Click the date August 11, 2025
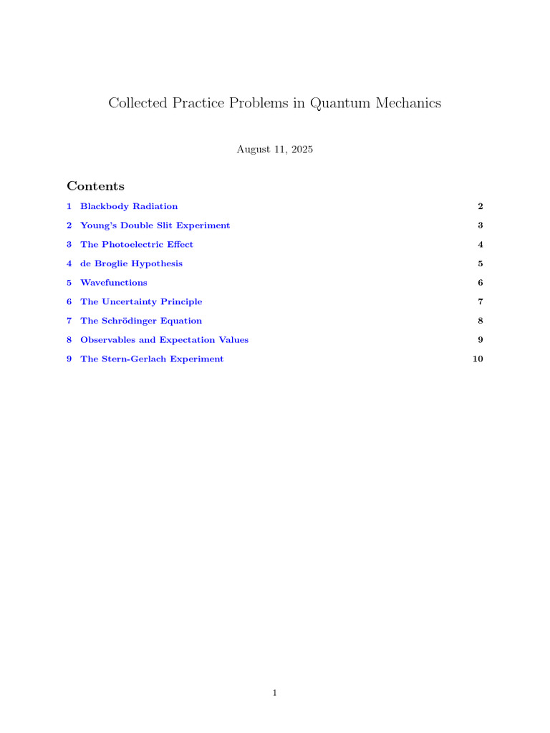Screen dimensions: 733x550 (x=275, y=150)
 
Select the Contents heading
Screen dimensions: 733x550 (x=95, y=186)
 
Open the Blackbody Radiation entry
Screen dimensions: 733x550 (x=129, y=206)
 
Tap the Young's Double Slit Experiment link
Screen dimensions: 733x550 (x=155, y=225)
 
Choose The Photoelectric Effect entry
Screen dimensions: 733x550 (x=137, y=244)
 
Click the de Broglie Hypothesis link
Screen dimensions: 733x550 (x=131, y=263)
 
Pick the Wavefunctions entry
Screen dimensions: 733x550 (x=114, y=283)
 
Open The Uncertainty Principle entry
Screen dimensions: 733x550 (x=141, y=301)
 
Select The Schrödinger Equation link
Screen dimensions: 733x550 (x=141, y=321)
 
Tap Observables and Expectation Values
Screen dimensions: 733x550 (x=164, y=340)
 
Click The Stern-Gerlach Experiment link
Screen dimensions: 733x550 (x=152, y=359)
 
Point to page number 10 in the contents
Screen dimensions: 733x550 (x=478, y=359)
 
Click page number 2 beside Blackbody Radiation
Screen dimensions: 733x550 (x=481, y=206)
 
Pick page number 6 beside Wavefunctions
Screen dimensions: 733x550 (x=481, y=283)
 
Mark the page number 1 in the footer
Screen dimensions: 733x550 (x=275, y=692)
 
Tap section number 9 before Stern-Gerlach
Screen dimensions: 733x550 (x=69, y=359)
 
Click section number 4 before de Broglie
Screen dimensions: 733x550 (x=69, y=263)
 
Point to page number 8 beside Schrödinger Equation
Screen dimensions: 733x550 (x=481, y=321)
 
